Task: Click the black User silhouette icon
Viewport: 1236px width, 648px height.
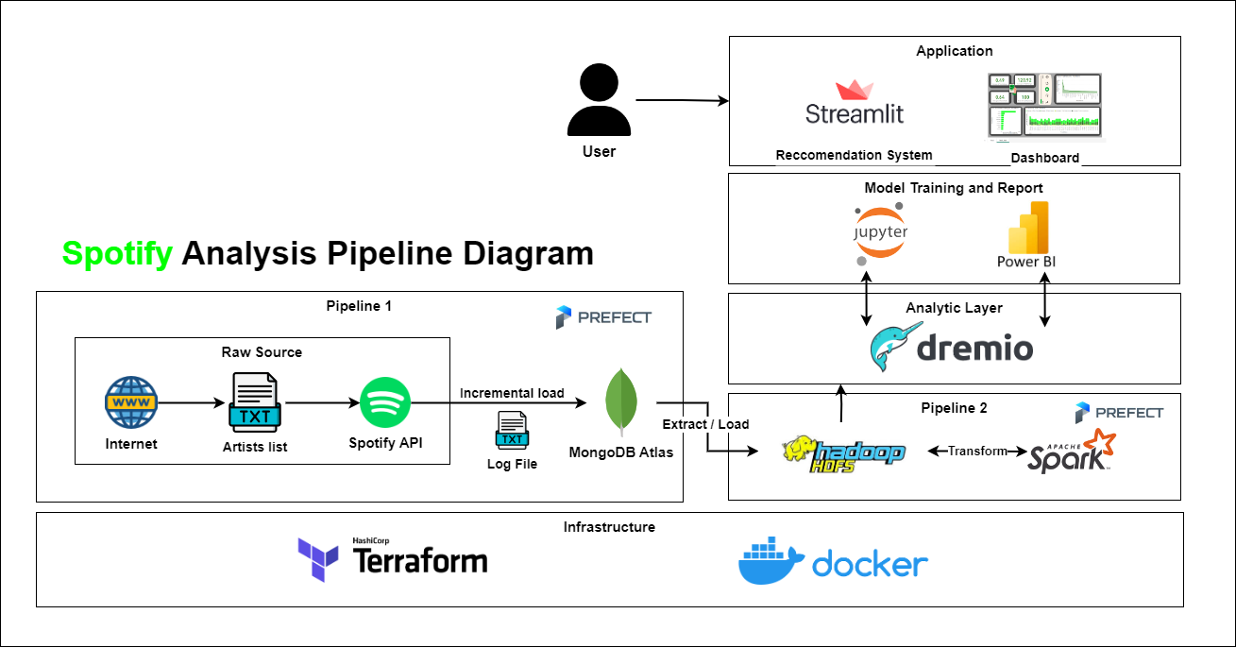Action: (x=598, y=101)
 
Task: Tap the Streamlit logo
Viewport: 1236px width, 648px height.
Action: (x=855, y=103)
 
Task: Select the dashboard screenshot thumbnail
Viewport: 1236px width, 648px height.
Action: (x=1044, y=108)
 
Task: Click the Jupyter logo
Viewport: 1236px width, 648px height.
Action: (x=880, y=232)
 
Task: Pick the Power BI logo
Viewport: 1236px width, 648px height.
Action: (x=1025, y=234)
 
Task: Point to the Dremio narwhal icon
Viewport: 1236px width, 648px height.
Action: (x=891, y=348)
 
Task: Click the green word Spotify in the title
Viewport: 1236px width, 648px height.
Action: (x=117, y=253)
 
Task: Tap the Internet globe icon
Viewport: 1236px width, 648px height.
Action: (x=130, y=403)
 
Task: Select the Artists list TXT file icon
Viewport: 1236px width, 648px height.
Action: (x=252, y=403)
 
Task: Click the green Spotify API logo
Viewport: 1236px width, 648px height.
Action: (x=385, y=403)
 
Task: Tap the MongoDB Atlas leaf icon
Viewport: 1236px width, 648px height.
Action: (x=620, y=403)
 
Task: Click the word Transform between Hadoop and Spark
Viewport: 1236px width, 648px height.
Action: (x=977, y=452)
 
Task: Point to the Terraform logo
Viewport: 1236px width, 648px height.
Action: (x=393, y=559)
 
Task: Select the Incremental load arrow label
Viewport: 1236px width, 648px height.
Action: (x=512, y=393)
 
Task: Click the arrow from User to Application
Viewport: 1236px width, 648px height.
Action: (x=680, y=99)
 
